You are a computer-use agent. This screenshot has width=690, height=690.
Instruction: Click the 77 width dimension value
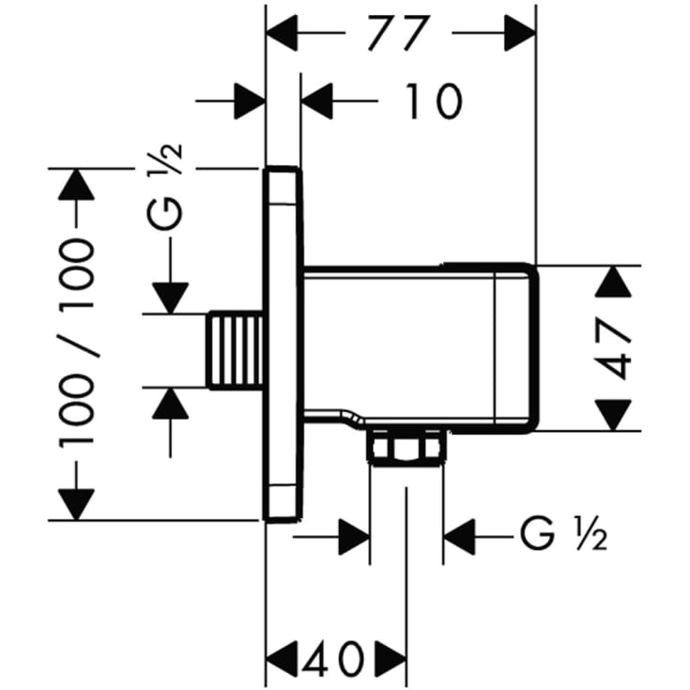pyautogui.click(x=398, y=33)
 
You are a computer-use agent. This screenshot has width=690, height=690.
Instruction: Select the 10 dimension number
pyautogui.click(x=433, y=101)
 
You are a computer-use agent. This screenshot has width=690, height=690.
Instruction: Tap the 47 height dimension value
pyautogui.click(x=615, y=349)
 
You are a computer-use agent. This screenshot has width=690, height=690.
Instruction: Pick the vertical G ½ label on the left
pyautogui.click(x=165, y=186)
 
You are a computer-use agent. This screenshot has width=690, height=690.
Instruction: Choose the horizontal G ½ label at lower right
pyautogui.click(x=563, y=535)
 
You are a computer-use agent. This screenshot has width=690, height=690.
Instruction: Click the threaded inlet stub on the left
pyautogui.click(x=236, y=351)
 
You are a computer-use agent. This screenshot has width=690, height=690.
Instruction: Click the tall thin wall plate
pyautogui.click(x=283, y=345)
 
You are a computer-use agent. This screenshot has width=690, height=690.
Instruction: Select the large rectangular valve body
pyautogui.click(x=421, y=348)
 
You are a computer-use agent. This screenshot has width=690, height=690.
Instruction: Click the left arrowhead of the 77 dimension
pyautogui.click(x=283, y=33)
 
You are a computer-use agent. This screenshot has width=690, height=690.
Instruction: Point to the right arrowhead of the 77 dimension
pyautogui.click(x=520, y=33)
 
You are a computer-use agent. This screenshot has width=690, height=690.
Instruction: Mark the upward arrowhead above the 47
pyautogui.click(x=613, y=282)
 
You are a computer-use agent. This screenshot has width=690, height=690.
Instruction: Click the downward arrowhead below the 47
pyautogui.click(x=613, y=415)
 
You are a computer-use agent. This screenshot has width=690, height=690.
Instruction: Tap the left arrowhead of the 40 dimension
pyautogui.click(x=283, y=659)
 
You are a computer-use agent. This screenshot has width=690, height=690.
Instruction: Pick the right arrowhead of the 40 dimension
pyautogui.click(x=391, y=659)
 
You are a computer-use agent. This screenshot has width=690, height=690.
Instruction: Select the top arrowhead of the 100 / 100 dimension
pyautogui.click(x=76, y=185)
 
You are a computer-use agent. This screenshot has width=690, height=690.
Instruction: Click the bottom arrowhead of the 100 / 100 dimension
pyautogui.click(x=76, y=505)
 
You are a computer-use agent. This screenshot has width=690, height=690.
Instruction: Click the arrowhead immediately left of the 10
pyautogui.click(x=317, y=101)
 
